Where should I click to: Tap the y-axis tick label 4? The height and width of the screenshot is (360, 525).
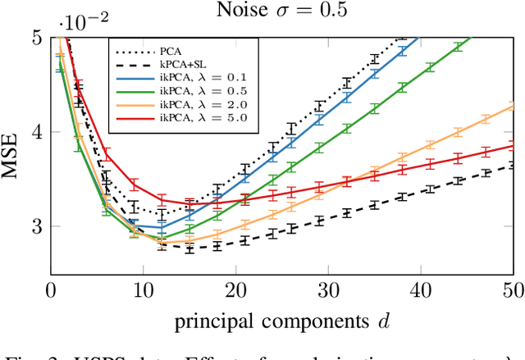36,131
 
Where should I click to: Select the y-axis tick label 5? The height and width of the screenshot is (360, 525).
36,37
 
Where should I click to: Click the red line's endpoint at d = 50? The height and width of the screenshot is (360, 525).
513,146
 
